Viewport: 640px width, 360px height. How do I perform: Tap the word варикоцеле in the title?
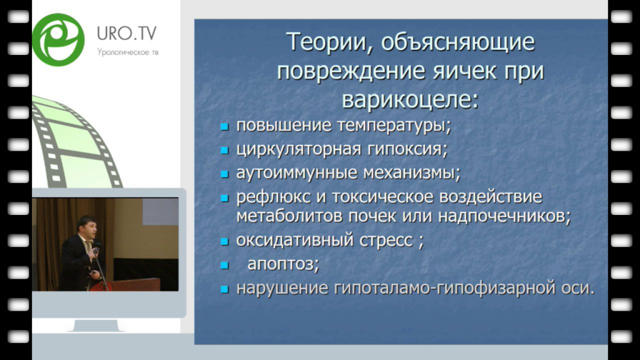click(x=410, y=99)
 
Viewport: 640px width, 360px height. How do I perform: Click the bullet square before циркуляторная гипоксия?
click(x=224, y=150)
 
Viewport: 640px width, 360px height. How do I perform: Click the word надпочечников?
click(x=504, y=216)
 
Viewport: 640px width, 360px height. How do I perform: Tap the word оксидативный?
click(x=295, y=240)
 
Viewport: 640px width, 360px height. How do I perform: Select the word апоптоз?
click(x=283, y=264)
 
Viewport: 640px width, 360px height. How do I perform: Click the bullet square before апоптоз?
click(x=224, y=266)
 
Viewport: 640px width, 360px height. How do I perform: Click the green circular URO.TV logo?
click(x=58, y=39)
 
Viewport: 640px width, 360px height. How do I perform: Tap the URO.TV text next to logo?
click(x=126, y=34)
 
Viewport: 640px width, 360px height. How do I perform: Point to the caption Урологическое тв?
click(x=127, y=52)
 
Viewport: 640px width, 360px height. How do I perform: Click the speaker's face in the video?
click(x=89, y=229)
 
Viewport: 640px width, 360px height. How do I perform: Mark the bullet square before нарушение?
click(x=224, y=290)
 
